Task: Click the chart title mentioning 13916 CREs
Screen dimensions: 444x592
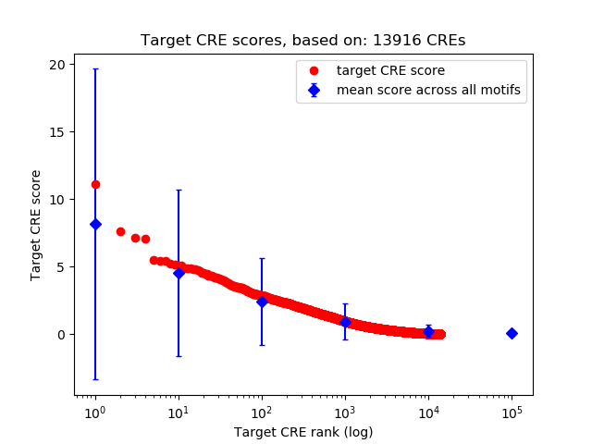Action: coord(302,41)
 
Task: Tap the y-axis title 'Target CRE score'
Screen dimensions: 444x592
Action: coord(36,225)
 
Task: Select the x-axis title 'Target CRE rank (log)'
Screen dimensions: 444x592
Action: coord(302,431)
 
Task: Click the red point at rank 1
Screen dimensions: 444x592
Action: coord(95,184)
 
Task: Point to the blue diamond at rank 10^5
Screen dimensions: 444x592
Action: coord(512,333)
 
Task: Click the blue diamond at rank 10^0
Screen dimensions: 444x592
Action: coord(95,224)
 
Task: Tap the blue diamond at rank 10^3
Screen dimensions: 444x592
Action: coord(345,322)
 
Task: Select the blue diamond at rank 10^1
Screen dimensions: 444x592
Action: coord(179,273)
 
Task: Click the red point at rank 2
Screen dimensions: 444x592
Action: coord(120,231)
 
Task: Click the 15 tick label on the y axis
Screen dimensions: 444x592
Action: coord(58,132)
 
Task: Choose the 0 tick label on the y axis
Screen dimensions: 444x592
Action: coord(62,334)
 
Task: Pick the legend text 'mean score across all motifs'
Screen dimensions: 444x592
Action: coord(428,90)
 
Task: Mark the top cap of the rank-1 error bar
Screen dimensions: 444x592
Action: coord(95,69)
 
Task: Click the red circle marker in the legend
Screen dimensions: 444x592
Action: coord(314,70)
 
